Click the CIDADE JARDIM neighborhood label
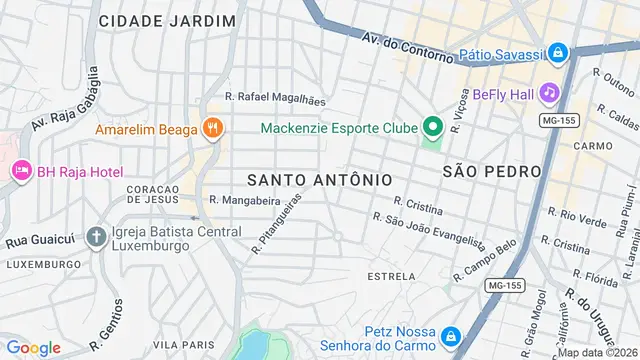168,20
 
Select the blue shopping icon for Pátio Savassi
558,53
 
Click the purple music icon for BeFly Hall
548,93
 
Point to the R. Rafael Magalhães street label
275,98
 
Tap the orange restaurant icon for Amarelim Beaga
211,128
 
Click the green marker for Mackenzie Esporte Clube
432,127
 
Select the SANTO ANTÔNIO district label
319,179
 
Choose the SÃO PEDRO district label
491,171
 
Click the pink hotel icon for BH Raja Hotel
21,171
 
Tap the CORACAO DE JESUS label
152,193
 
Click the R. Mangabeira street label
244,200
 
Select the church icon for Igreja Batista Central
96,237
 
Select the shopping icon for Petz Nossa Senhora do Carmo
451,334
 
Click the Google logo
34,347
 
